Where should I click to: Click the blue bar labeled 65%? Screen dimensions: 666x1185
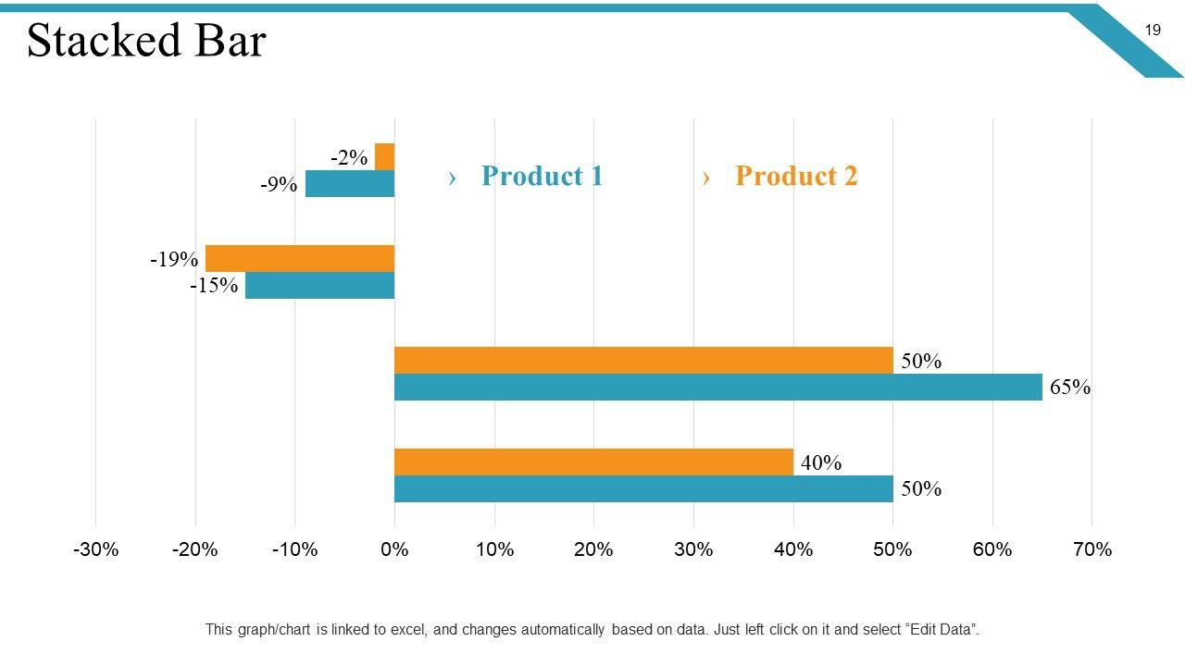pos(717,387)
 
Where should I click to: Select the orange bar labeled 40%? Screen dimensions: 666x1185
pos(593,462)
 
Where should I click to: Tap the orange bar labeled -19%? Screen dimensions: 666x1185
pos(299,258)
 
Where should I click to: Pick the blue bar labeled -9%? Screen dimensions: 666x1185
pos(350,184)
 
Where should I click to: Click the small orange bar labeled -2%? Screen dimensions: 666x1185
pos(385,156)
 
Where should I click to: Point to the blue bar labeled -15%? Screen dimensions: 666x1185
pos(319,285)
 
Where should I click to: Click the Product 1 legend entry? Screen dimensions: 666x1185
pos(542,176)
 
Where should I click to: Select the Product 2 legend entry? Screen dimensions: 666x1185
pos(796,176)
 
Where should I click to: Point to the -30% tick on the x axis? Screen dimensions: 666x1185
pos(95,549)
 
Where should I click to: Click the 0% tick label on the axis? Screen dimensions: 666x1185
pos(394,549)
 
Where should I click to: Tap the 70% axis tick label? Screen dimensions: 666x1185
pos(1091,549)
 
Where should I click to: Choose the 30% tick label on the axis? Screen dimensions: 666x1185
pos(693,549)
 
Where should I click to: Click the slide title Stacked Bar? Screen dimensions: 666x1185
pos(146,42)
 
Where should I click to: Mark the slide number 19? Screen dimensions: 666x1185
pos(1153,30)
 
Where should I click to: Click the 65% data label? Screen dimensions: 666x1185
pos(1070,388)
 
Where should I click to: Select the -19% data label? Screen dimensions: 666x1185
pos(174,259)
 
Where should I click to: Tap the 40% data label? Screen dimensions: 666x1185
pos(821,462)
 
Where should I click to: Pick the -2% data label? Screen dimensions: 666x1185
pos(349,158)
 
